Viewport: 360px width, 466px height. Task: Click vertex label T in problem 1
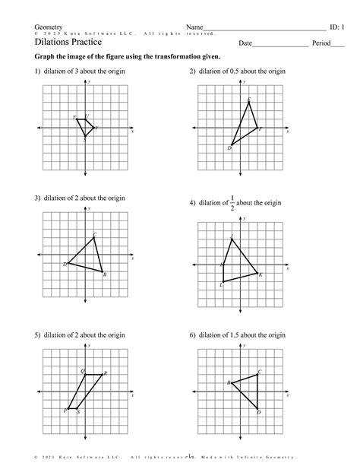(74, 118)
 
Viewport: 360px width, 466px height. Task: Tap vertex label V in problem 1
(96, 128)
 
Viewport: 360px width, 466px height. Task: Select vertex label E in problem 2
(249, 100)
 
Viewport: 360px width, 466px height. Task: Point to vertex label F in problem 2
(260, 129)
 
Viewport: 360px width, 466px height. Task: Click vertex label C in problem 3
(95, 234)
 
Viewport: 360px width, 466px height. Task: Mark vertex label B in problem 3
(104, 274)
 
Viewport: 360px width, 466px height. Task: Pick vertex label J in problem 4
(231, 238)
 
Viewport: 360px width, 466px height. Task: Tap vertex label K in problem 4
(260, 274)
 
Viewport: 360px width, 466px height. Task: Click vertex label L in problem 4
(221, 284)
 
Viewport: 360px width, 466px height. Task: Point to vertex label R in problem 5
(105, 373)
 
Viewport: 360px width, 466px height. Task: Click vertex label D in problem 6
(258, 412)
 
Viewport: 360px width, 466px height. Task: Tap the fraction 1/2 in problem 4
(232, 204)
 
